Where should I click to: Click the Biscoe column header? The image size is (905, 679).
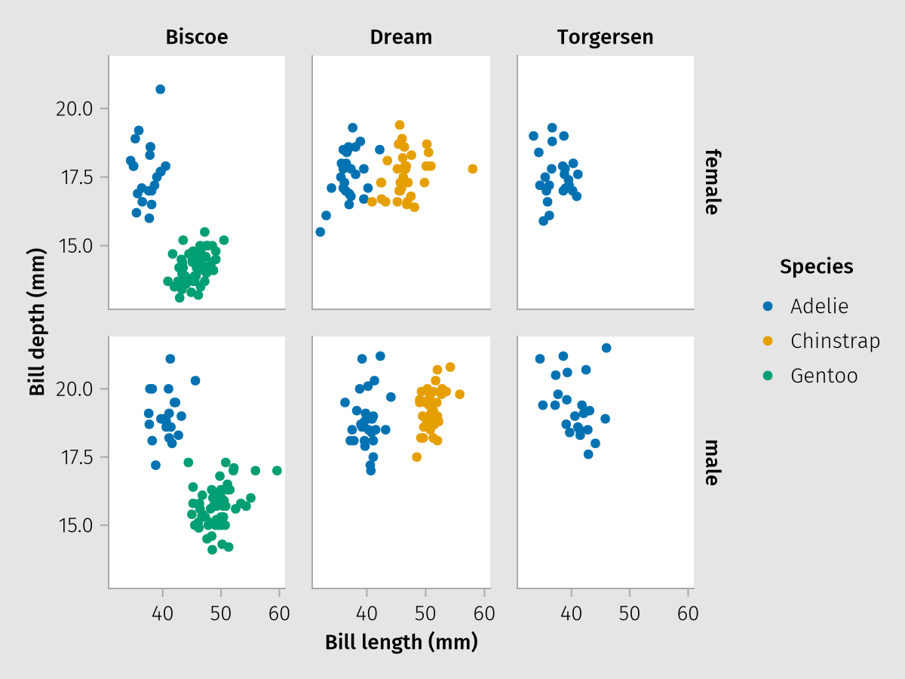[x=197, y=37]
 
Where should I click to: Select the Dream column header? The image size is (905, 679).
[x=401, y=37]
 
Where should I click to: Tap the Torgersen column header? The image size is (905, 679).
[x=606, y=37]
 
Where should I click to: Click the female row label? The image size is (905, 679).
[x=711, y=182]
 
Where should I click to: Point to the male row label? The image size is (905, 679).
[x=711, y=462]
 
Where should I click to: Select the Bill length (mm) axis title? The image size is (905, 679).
[x=401, y=643]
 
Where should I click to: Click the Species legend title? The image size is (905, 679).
[x=817, y=266]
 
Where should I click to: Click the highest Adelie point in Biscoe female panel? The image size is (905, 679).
[x=160, y=89]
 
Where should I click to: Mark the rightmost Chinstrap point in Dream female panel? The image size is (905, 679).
[x=473, y=169]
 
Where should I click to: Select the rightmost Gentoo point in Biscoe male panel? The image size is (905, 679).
[x=277, y=471]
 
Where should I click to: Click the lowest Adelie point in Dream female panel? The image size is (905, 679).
[x=320, y=232]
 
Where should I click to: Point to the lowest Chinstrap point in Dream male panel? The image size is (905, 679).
[x=416, y=457]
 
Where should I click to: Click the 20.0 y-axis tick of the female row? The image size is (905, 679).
[x=74, y=109]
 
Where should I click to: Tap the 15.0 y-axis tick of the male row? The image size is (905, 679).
[x=74, y=526]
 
